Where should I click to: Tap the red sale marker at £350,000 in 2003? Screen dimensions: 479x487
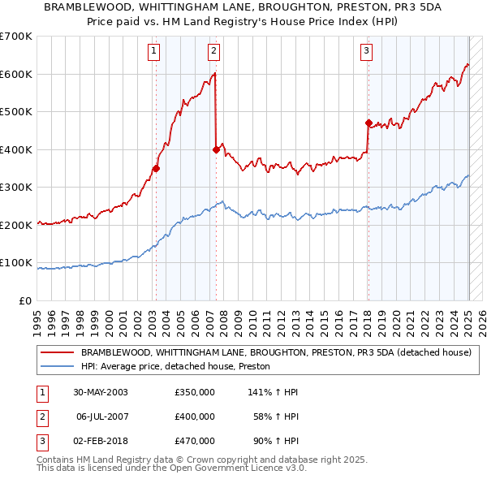pyautogui.click(x=156, y=169)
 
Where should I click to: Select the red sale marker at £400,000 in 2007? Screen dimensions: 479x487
pyautogui.click(x=216, y=149)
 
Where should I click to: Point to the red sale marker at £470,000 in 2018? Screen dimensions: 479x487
pyautogui.click(x=368, y=123)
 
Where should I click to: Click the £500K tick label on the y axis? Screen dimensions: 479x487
pyautogui.click(x=16, y=112)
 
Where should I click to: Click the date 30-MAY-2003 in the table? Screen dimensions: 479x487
pyautogui.click(x=100, y=392)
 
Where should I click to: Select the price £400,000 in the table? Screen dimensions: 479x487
pyautogui.click(x=194, y=416)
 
